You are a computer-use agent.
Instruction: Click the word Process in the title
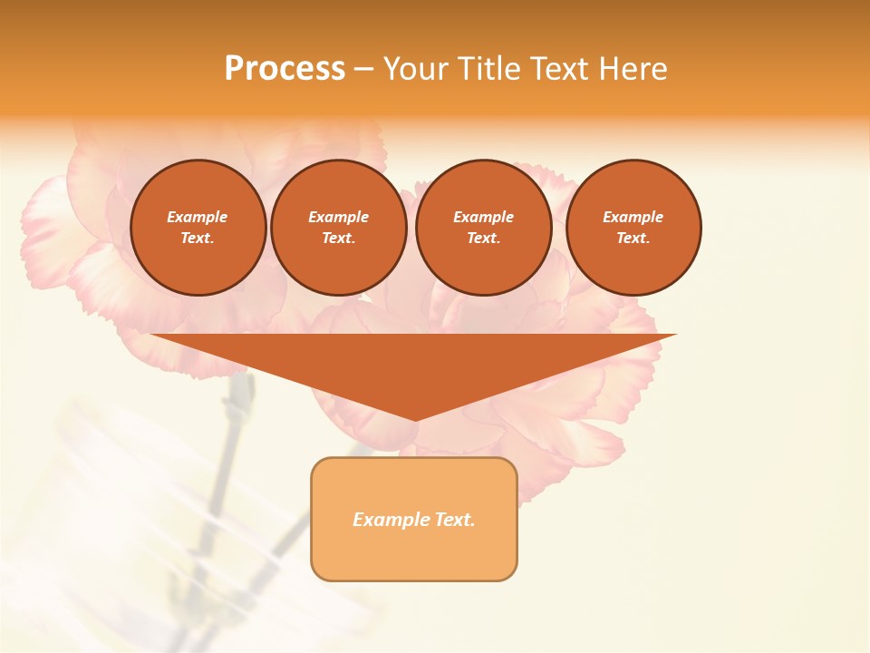(x=285, y=69)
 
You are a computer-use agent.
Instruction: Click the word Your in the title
(x=416, y=69)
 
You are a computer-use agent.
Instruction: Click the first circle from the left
(x=198, y=228)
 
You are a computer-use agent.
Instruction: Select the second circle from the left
(x=338, y=228)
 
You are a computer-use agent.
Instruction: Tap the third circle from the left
(x=483, y=228)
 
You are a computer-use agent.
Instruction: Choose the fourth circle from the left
(x=633, y=228)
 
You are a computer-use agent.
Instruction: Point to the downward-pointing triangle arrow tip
(x=414, y=418)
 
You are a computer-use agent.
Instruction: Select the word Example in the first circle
(x=198, y=217)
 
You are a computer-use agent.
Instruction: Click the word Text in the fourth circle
(x=633, y=239)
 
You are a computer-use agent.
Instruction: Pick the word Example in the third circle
(x=483, y=217)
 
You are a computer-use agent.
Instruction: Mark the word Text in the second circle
(x=338, y=239)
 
